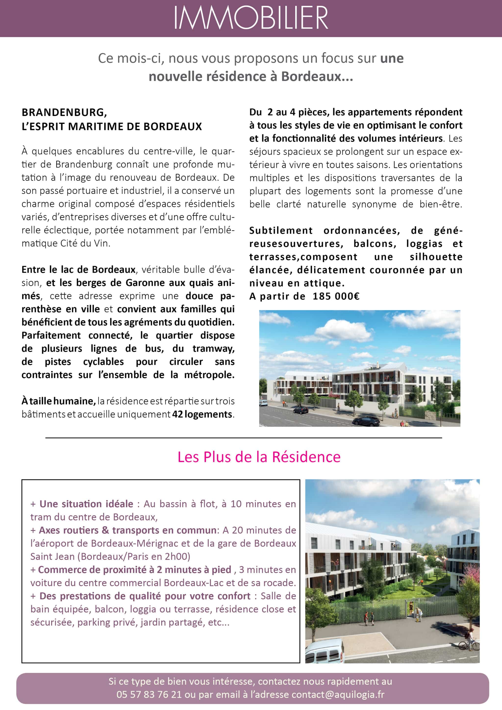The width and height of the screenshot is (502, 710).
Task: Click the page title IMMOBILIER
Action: pyautogui.click(x=251, y=18)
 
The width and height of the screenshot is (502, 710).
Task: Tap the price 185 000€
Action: pyautogui.click(x=336, y=296)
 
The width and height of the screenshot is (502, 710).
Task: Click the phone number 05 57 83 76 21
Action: pyautogui.click(x=149, y=695)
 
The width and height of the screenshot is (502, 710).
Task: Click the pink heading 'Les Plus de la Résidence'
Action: pyautogui.click(x=259, y=457)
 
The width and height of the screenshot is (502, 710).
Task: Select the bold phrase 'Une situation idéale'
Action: pyautogui.click(x=86, y=504)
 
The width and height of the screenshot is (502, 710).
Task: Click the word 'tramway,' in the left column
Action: pyautogui.click(x=213, y=349)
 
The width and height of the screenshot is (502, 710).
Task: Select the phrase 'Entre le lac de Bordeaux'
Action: pyautogui.click(x=78, y=270)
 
